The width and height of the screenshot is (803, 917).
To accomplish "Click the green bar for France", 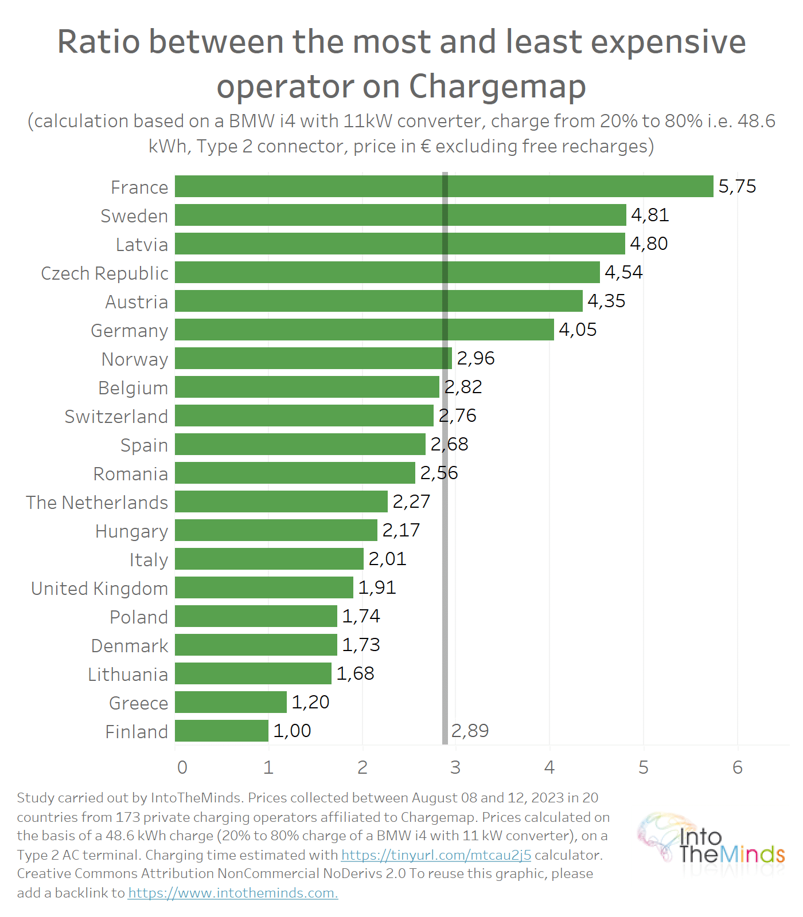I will point(443,186).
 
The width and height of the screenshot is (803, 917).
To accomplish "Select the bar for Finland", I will point(221,731).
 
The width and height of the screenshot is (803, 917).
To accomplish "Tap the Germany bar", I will point(364,330).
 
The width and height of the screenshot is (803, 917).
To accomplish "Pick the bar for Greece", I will point(231,702).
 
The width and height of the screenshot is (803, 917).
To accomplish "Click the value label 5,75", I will point(737,186).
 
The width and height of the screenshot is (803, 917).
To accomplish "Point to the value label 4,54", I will point(623,272).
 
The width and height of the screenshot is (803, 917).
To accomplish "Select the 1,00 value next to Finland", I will point(292,731).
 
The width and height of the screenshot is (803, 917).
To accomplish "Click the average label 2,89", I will point(470,731).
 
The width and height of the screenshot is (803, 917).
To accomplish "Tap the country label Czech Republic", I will point(104,273).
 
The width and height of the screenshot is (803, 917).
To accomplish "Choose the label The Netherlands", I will point(97,503).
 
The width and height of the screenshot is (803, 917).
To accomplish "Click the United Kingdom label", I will point(99,589).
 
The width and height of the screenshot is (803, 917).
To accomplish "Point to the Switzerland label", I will point(116,417).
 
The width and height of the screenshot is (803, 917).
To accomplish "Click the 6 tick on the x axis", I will point(738,767).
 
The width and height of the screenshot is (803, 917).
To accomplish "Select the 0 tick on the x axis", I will point(182,767).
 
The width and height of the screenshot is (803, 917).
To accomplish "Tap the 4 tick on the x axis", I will point(549,767).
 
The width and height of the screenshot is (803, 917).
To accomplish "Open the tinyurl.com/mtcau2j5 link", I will point(436,855).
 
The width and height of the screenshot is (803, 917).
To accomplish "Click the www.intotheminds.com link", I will point(232,893).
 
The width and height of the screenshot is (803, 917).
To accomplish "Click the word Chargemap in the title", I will point(497,87).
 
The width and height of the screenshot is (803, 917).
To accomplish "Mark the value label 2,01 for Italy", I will point(387,559).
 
